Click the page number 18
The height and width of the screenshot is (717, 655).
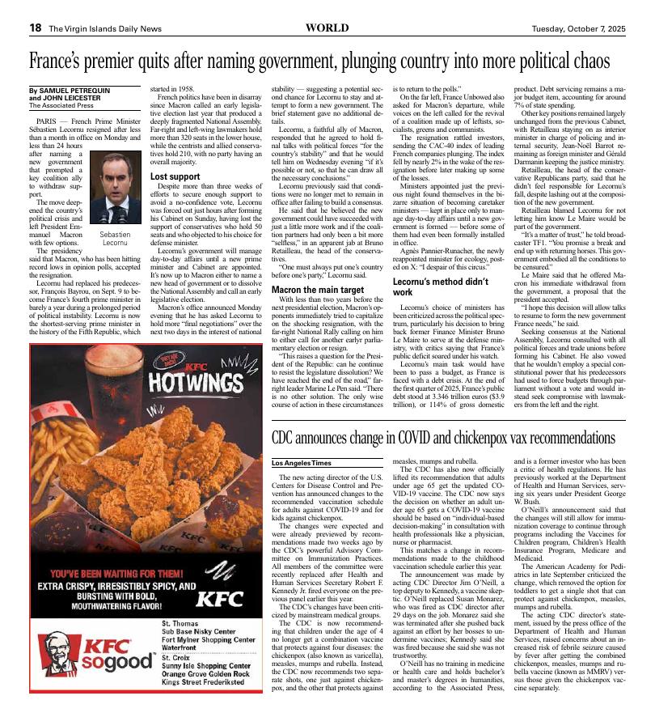pyautogui.click(x=36, y=28)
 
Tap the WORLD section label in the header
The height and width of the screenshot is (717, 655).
pyautogui.click(x=327, y=28)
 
